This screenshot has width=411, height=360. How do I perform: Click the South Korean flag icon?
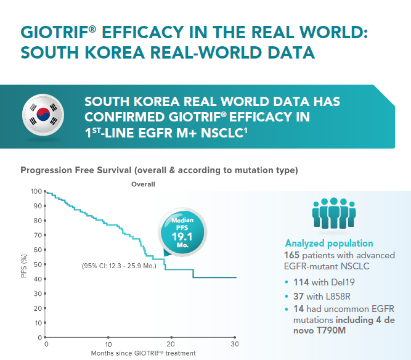click(43, 114)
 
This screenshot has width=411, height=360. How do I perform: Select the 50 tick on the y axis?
click(36, 264)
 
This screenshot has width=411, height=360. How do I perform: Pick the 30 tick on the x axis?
click(234, 344)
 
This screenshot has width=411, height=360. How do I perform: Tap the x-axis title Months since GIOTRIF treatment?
click(143, 353)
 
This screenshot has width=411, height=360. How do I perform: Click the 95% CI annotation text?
click(119, 266)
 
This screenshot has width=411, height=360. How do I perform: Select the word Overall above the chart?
click(143, 184)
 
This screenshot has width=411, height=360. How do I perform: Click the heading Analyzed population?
click(328, 243)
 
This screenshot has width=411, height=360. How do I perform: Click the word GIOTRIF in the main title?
click(55, 33)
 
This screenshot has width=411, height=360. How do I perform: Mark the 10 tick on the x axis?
click(108, 344)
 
